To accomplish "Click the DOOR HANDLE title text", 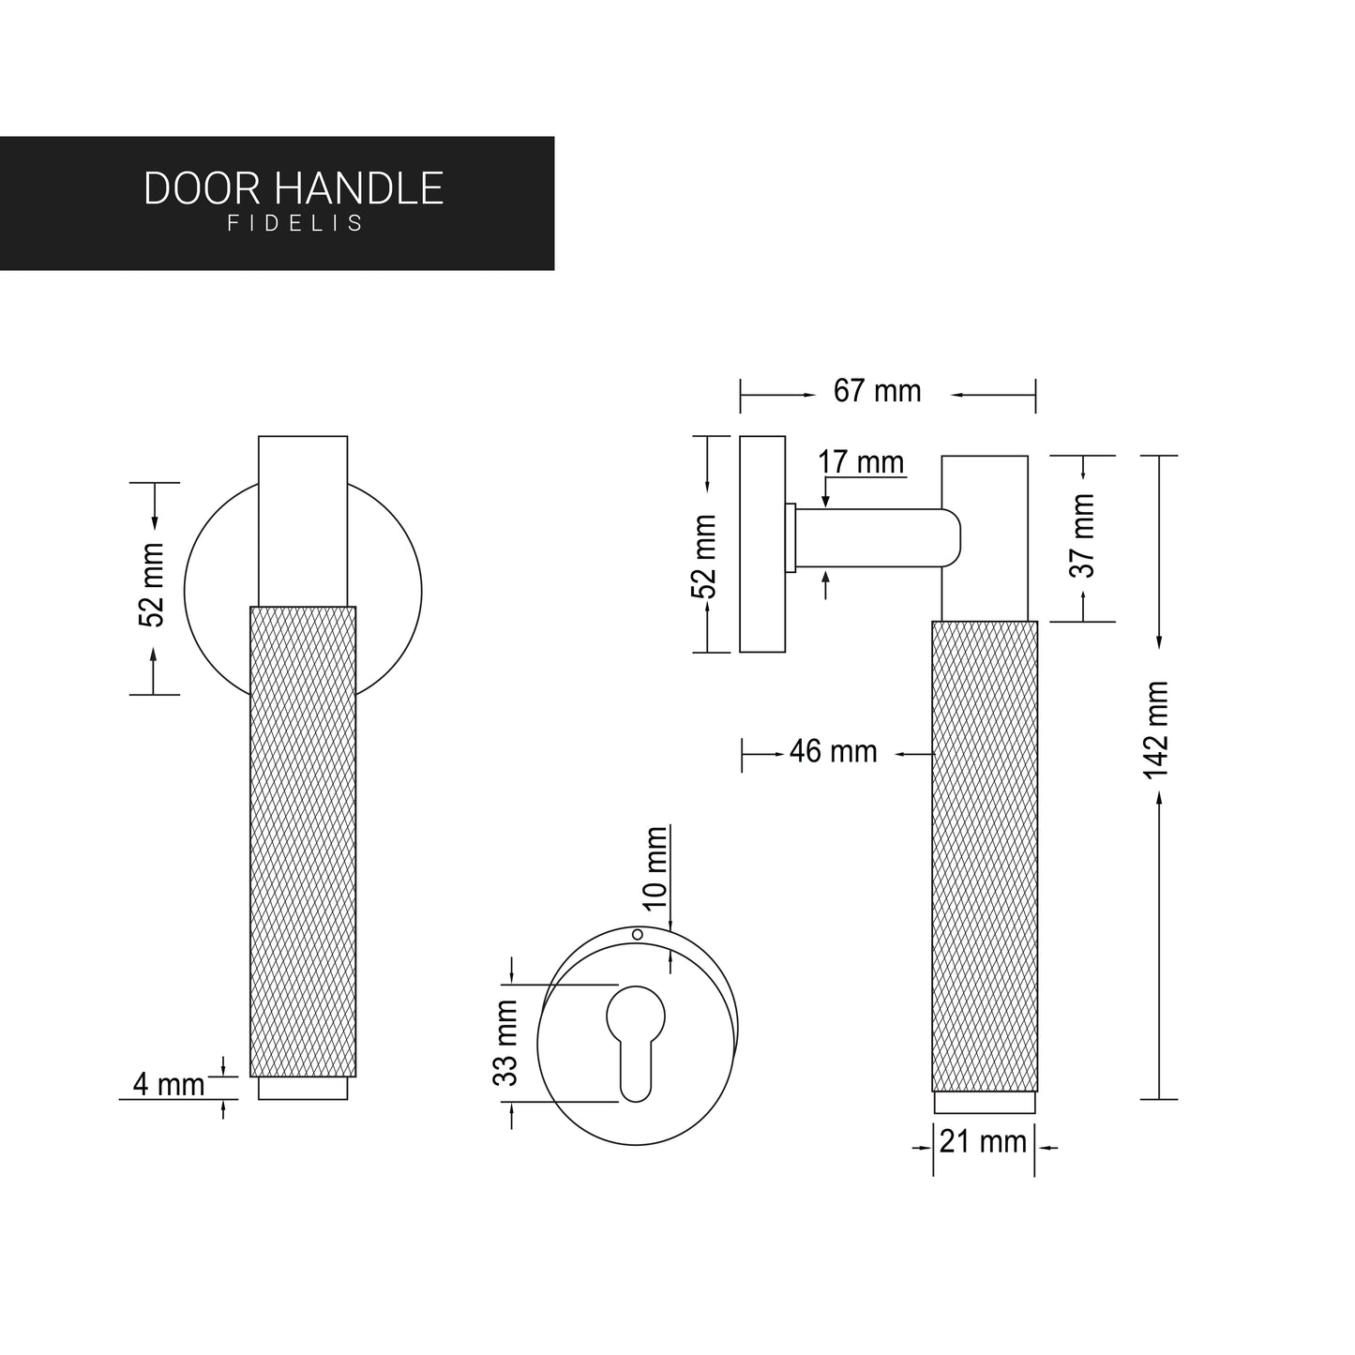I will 294,188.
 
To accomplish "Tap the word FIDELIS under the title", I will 294,225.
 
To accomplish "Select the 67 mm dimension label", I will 878,391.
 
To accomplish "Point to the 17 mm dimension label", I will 861,462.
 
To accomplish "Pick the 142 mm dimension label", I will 1156,730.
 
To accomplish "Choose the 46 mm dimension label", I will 833,752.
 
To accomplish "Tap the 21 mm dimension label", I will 983,1142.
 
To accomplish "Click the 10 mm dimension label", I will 655,867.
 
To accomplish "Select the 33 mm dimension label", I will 506,1043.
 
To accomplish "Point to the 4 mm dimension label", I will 169,1085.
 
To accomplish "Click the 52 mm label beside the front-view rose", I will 152,584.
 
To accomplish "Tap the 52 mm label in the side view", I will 704,556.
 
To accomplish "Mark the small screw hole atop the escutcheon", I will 638,934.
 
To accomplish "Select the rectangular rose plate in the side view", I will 762,544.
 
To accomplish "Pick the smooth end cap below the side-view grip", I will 985,1103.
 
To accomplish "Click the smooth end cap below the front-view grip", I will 303,1089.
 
